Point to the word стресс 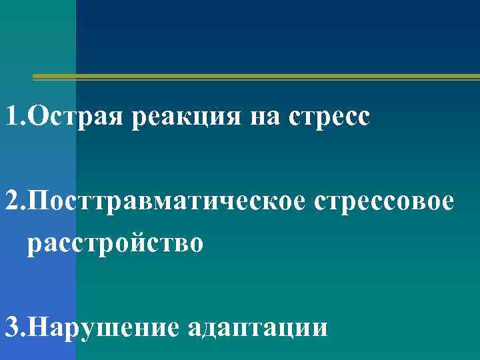pos(329,119)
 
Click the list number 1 pos(11,117)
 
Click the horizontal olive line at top pos(257,77)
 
